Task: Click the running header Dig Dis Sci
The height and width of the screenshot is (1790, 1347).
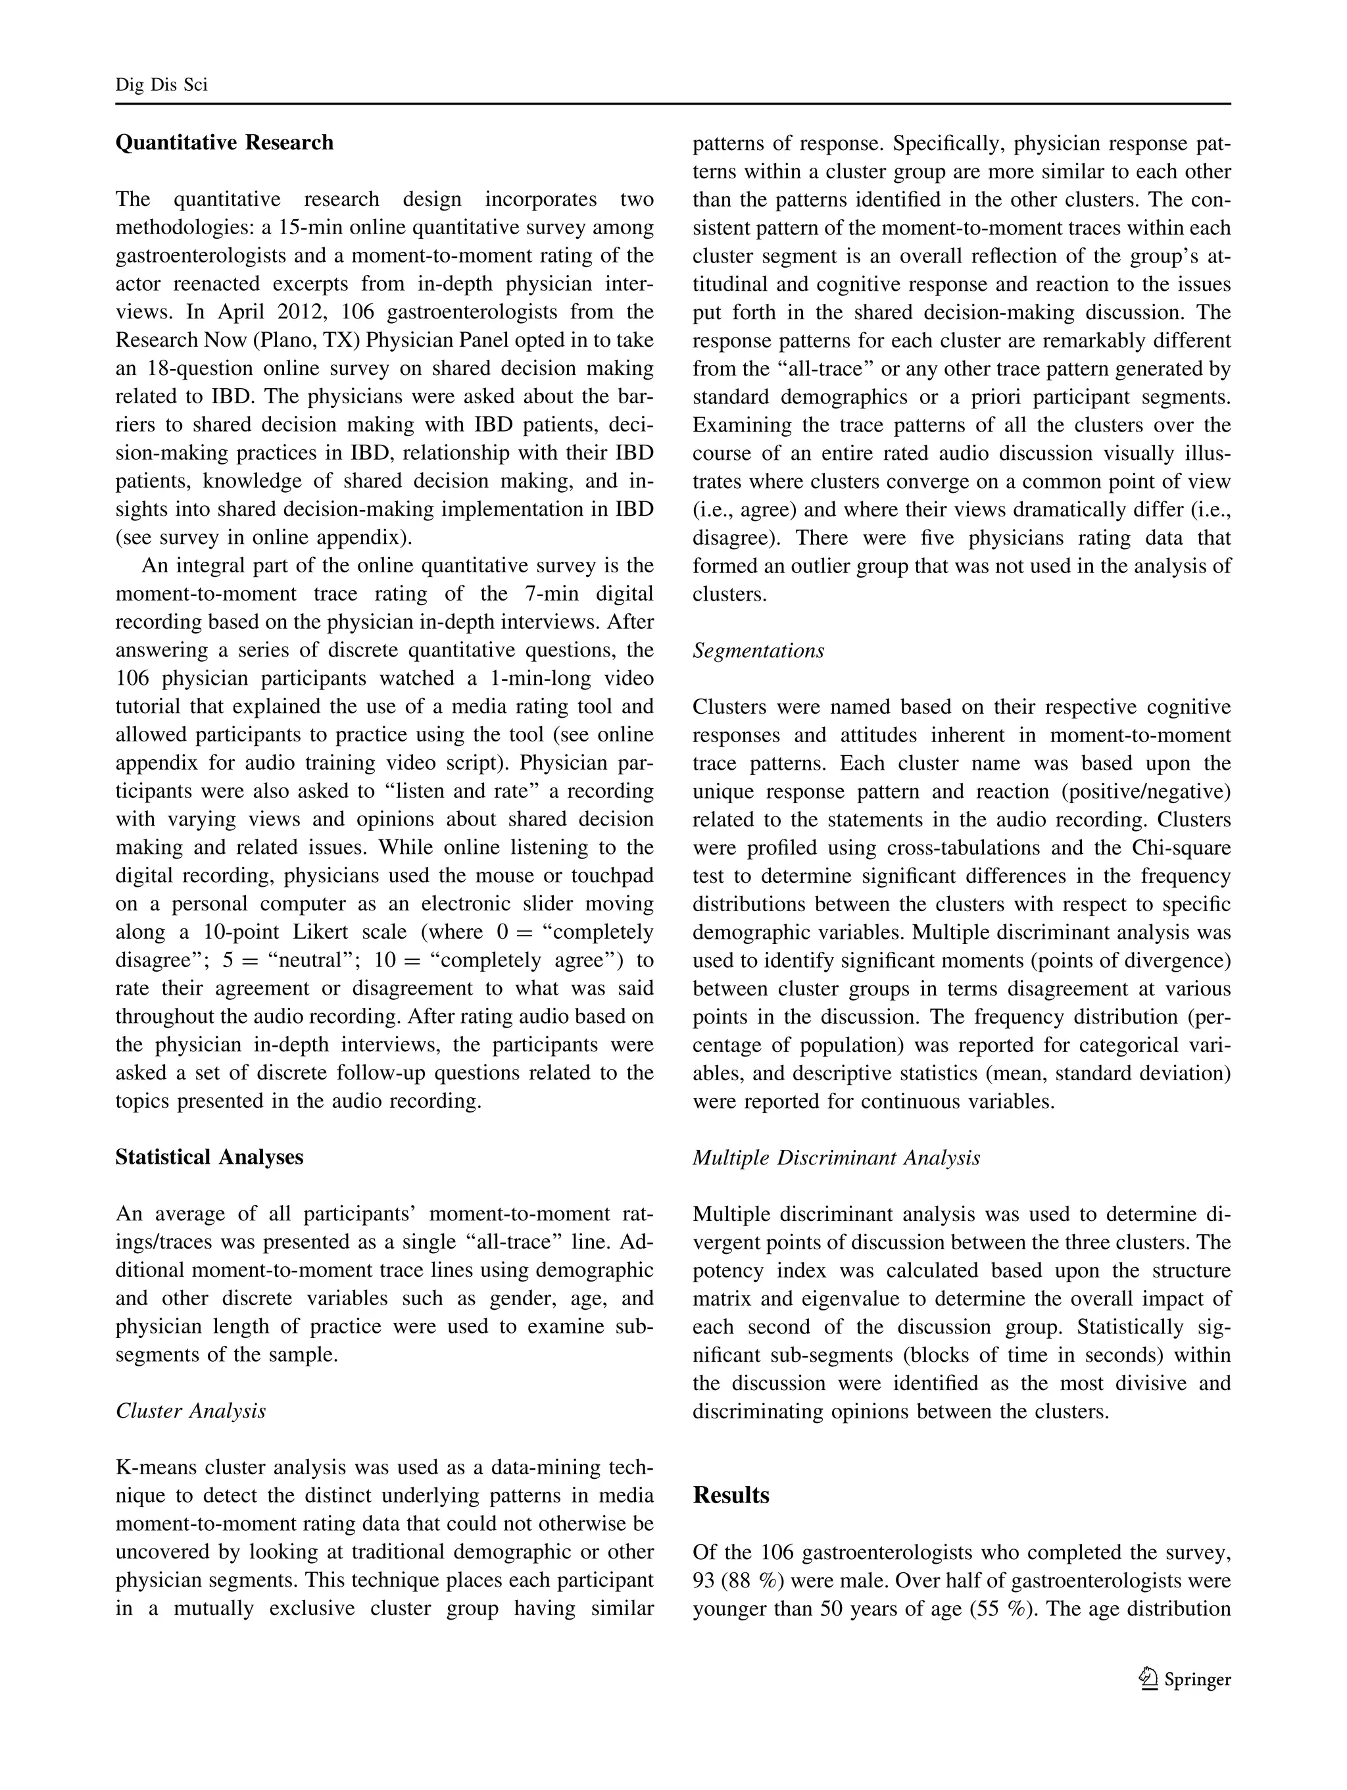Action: pyautogui.click(x=161, y=85)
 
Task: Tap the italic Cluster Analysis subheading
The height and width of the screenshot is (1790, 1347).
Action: pyautogui.click(x=190, y=1411)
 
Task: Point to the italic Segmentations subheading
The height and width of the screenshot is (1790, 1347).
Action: pyautogui.click(x=758, y=651)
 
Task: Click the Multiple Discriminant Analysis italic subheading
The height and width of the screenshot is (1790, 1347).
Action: pyautogui.click(x=836, y=1158)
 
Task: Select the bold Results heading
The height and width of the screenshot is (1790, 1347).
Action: pyautogui.click(x=731, y=1495)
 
